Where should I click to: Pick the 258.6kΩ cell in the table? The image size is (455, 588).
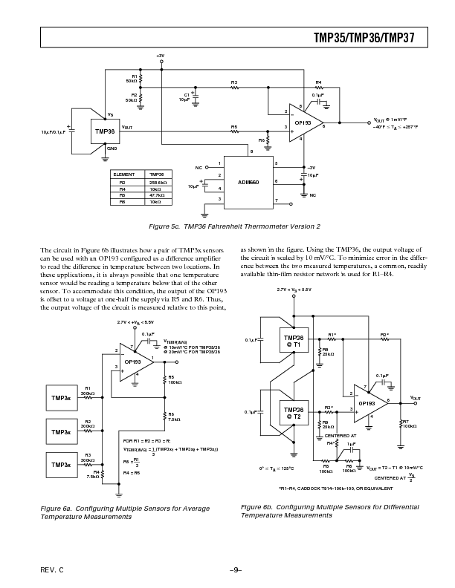157,181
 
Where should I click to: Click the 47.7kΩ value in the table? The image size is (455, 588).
157,195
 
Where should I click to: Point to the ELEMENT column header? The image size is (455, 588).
123,174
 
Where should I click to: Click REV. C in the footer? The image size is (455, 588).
52,569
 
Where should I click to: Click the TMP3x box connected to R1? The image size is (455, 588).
60,398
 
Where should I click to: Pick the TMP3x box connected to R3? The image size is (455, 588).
60,464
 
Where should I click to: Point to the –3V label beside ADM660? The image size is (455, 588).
312,167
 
